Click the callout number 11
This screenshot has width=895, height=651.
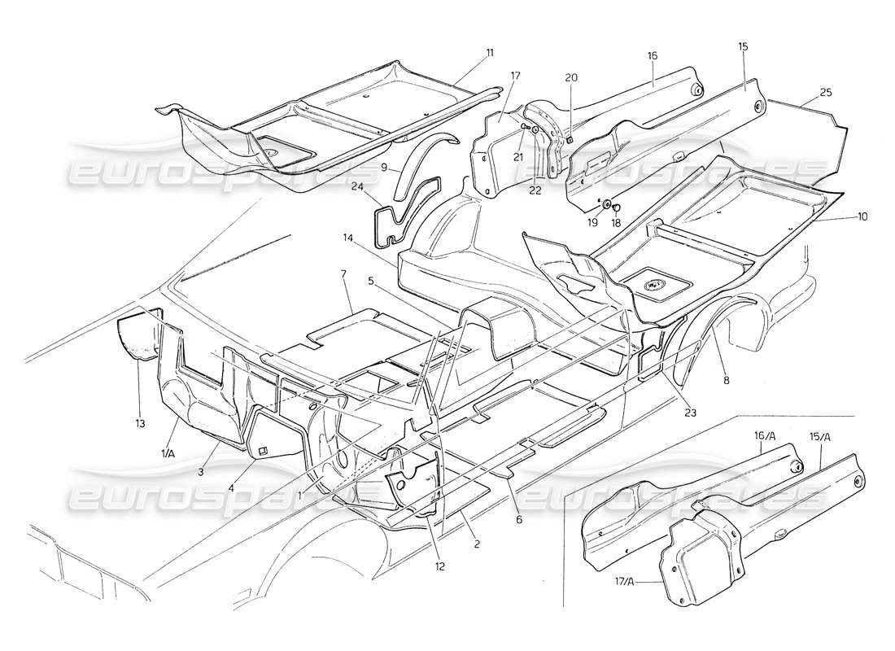[490, 53]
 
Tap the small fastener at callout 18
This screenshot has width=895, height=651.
[617, 208]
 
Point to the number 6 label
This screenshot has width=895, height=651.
[517, 518]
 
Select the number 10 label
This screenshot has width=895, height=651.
[861, 217]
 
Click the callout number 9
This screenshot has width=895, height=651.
[383, 166]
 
